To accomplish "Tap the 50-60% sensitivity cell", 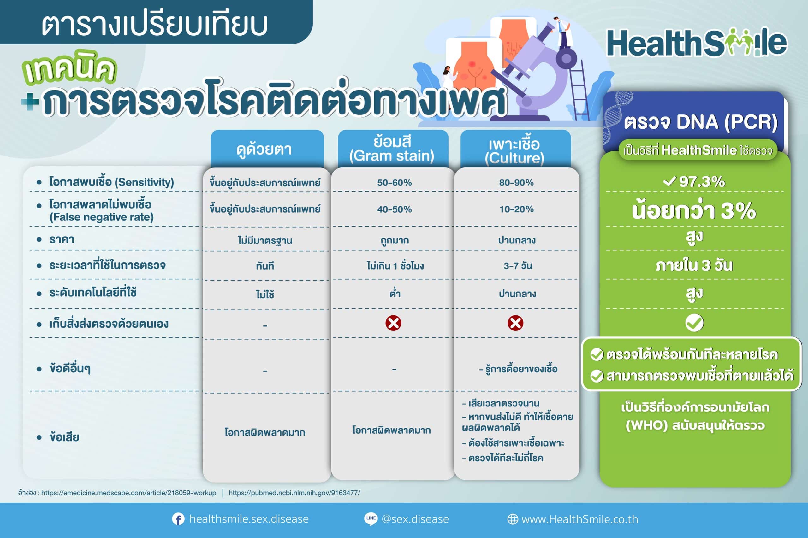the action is pyautogui.click(x=394, y=183).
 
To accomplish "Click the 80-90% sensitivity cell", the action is pyautogui.click(x=516, y=183).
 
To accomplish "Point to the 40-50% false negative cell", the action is pyautogui.click(x=394, y=209).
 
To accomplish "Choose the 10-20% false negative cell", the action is pyautogui.click(x=516, y=209).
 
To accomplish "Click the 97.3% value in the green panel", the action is pyautogui.click(x=694, y=181).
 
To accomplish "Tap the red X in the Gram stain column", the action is pyautogui.click(x=393, y=323).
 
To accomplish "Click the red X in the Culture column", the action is pyautogui.click(x=515, y=323).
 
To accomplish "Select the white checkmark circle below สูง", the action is pyautogui.click(x=694, y=323).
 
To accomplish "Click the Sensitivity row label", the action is pyautogui.click(x=111, y=182).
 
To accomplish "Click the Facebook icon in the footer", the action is pyautogui.click(x=178, y=519).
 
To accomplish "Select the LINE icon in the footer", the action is pyautogui.click(x=371, y=518).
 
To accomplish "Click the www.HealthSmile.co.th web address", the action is pyautogui.click(x=579, y=519).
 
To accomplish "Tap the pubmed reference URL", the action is pyautogui.click(x=294, y=493).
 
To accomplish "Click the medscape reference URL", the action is pyautogui.click(x=129, y=493).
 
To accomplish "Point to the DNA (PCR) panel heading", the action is pyautogui.click(x=700, y=122).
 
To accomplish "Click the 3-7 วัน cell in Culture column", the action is pyautogui.click(x=518, y=266).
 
